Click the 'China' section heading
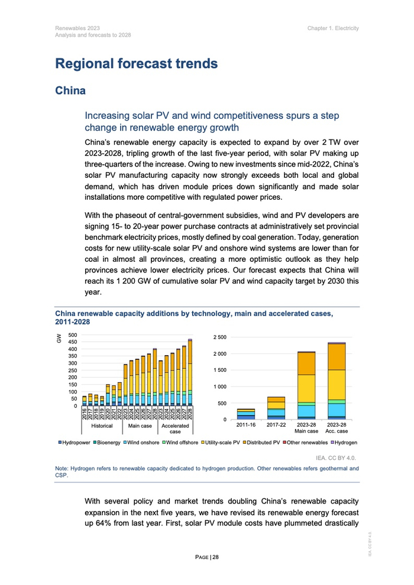(x=70, y=90)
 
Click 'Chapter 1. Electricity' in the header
(x=333, y=28)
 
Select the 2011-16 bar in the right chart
(x=245, y=413)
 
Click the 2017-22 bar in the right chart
(x=276, y=408)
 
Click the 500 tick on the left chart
(x=73, y=334)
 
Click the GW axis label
(x=59, y=338)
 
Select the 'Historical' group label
(x=102, y=425)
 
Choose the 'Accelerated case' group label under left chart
(x=175, y=429)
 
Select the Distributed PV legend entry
(x=262, y=442)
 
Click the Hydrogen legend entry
(x=344, y=442)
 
